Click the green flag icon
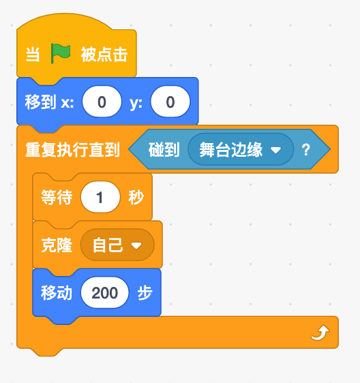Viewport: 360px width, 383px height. click(61, 53)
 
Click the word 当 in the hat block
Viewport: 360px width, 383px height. click(33, 55)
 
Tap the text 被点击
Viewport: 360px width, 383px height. click(104, 55)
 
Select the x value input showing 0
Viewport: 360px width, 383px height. click(102, 102)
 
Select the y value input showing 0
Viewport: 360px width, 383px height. click(170, 102)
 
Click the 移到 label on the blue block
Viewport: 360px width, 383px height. click(40, 102)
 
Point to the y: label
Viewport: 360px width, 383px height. click(136, 103)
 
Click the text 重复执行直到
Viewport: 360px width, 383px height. click(72, 149)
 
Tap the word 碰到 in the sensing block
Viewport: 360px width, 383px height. click(164, 149)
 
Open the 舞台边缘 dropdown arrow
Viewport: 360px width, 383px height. click(275, 150)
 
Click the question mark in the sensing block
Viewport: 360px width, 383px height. click(306, 149)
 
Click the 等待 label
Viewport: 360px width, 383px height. click(57, 197)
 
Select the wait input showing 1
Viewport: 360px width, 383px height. click(100, 197)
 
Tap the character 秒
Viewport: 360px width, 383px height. click(136, 197)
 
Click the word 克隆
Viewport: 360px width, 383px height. click(57, 245)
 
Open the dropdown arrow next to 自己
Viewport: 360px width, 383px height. click(136, 245)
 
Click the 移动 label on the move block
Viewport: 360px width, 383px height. click(57, 292)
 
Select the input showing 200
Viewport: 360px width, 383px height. click(104, 292)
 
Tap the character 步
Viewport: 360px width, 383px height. click(145, 292)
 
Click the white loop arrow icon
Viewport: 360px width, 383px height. click(320, 333)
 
